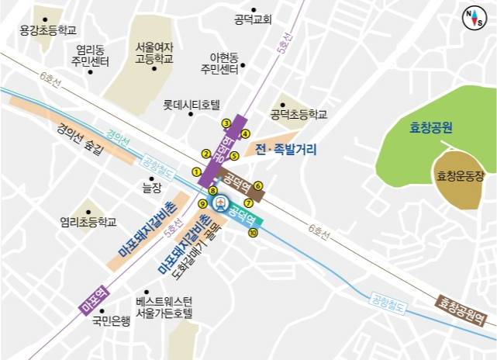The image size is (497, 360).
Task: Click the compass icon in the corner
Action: (x=472, y=17)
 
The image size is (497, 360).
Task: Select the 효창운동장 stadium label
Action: (x=461, y=177)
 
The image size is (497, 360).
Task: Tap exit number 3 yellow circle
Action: (x=226, y=123)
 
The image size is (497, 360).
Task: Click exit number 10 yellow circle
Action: (x=252, y=232)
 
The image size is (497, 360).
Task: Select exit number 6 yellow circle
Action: (x=258, y=185)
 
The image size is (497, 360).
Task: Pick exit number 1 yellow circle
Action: (x=196, y=171)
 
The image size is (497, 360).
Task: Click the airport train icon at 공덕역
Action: (x=220, y=204)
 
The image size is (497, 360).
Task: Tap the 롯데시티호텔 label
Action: (x=192, y=104)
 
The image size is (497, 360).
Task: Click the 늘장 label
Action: (x=153, y=188)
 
